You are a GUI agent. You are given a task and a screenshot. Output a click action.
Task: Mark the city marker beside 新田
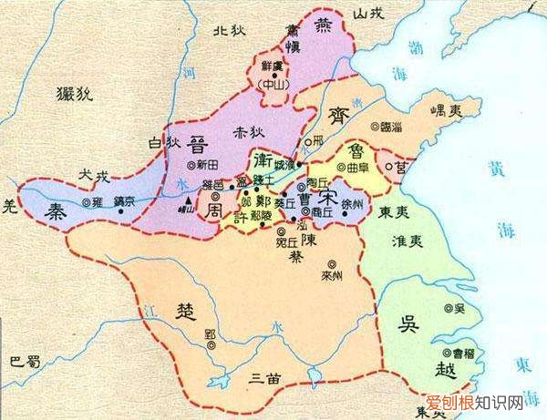191,166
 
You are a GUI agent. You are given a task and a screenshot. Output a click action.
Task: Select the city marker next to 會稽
444,352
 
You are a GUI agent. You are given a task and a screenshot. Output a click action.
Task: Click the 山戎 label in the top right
373,12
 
